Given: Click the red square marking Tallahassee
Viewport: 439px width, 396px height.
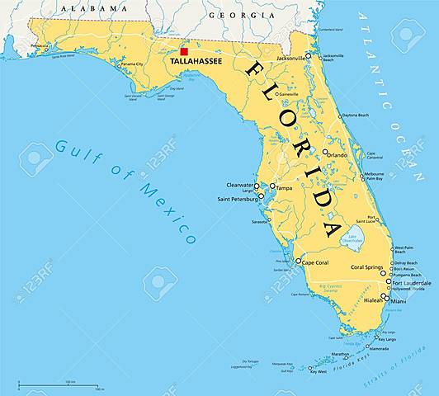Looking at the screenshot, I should coord(183,51).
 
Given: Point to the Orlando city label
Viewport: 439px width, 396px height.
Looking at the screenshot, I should coord(338,154).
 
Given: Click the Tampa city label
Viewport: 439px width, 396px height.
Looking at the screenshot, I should coord(285,187).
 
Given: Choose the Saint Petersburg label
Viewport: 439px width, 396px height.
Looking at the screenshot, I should coord(238,199).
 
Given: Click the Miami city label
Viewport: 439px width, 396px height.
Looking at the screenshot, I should coord(399,301).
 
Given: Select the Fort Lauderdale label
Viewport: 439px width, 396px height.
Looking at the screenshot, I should coord(411,283).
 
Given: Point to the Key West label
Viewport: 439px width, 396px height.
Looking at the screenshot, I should coord(318,371).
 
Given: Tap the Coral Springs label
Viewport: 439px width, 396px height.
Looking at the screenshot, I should coord(368,266).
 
